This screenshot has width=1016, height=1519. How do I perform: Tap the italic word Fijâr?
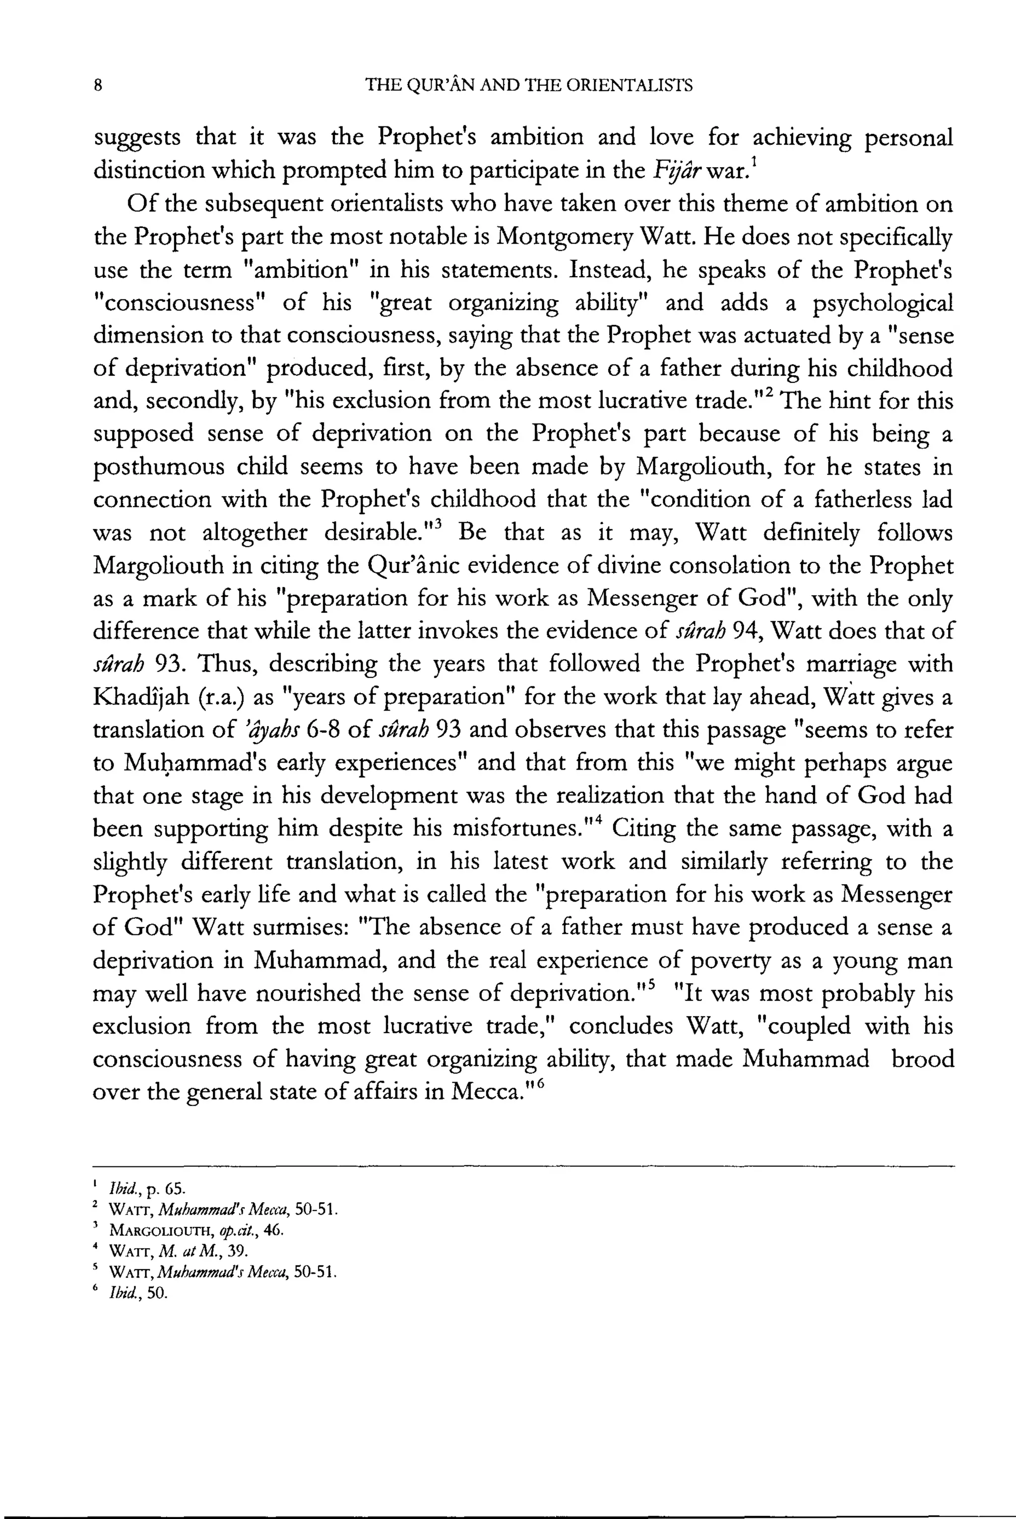click(675, 171)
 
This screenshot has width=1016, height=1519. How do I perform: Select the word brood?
click(922, 1059)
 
